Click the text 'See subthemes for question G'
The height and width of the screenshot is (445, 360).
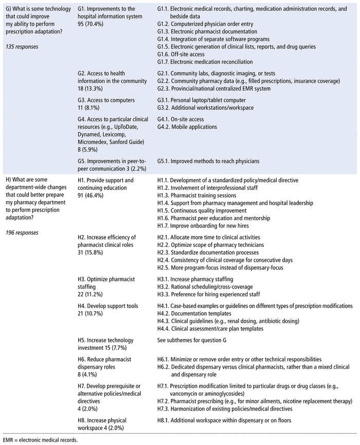tap(200, 340)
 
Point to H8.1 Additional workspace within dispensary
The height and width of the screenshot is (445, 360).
tap(225, 420)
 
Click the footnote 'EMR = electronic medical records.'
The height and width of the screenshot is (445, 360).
tap(40, 440)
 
